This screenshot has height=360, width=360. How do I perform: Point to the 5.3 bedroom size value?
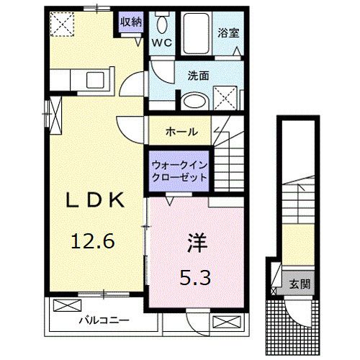(x=195, y=276)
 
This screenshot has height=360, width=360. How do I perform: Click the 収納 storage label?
(x=131, y=22)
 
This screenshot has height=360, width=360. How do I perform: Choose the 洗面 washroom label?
(x=199, y=75)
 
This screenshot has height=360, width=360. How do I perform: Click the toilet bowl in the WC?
(x=161, y=22)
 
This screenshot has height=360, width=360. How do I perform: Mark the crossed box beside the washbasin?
(x=227, y=96)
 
